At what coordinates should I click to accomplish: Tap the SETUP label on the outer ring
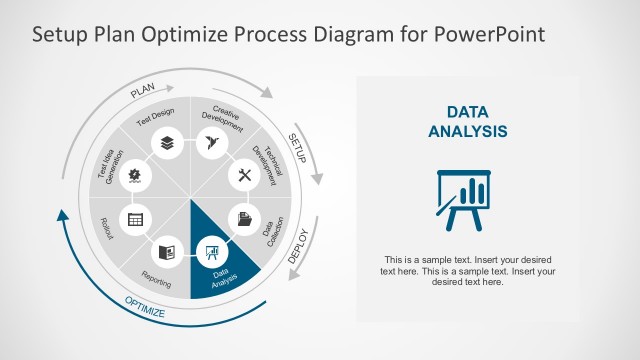[x=297, y=143]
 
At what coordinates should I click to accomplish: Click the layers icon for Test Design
[x=166, y=144]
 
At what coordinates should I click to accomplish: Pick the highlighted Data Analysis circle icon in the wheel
[x=211, y=249]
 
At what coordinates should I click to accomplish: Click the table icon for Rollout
[x=134, y=219]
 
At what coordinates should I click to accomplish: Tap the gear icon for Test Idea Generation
[x=135, y=175]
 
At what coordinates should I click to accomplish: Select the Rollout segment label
[x=107, y=230]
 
